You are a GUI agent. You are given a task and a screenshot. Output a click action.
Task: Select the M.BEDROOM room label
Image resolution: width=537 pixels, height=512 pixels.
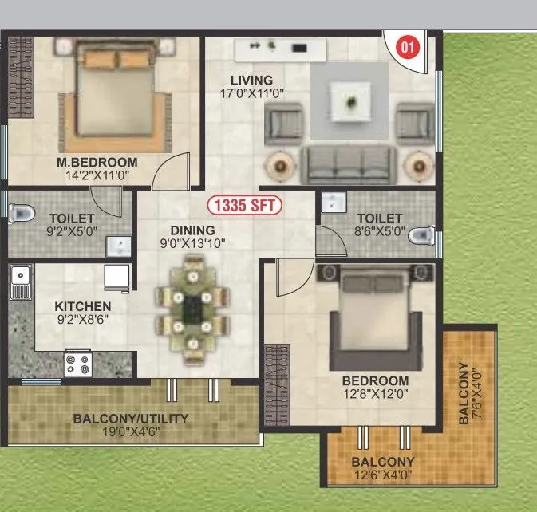point(97,163)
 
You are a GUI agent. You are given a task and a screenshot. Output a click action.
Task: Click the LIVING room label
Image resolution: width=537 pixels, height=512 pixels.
point(251,81)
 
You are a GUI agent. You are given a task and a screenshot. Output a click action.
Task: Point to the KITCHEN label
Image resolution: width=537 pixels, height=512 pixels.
point(82,306)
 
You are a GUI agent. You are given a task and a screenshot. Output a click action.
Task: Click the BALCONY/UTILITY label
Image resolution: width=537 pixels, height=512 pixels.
point(131,419)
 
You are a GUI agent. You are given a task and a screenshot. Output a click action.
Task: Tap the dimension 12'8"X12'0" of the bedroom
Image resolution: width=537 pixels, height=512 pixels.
point(375,395)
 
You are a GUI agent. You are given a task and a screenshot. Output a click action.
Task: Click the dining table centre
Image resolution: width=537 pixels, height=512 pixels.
point(192,307)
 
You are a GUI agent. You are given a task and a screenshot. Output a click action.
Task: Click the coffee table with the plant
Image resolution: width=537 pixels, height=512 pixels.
point(350,104)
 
